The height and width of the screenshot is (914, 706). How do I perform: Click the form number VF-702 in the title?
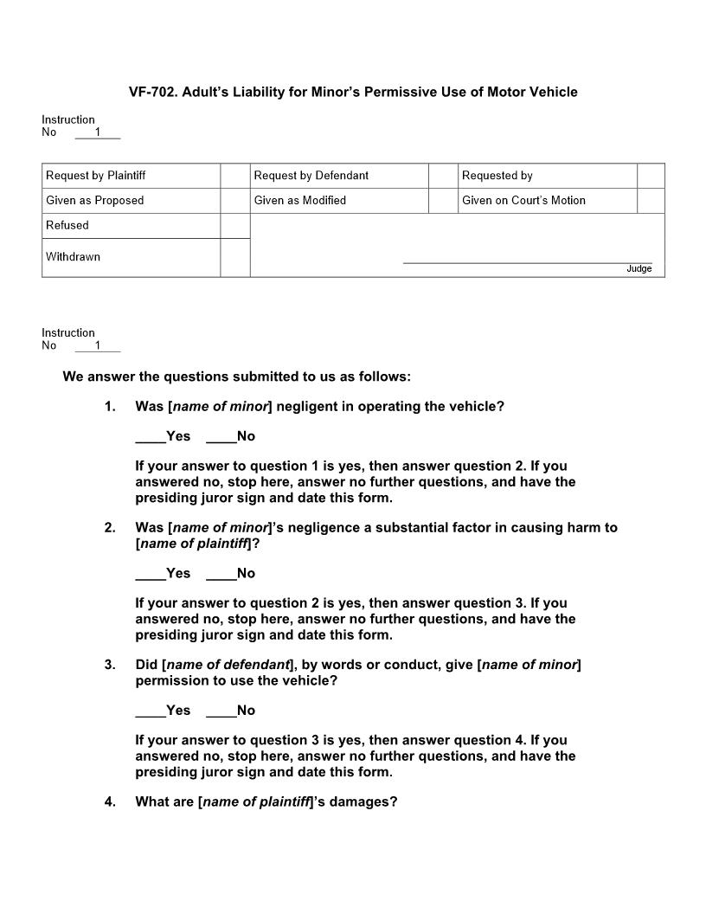(x=152, y=92)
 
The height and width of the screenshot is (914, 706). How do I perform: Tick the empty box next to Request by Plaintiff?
(x=234, y=176)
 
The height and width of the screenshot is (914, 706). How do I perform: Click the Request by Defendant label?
(x=311, y=176)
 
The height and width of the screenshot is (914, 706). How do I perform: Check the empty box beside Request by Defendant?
(x=443, y=176)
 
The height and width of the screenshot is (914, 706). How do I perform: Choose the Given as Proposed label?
(x=95, y=201)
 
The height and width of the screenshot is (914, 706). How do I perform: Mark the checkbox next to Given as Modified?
(x=443, y=201)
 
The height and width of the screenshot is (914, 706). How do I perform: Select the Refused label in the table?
(x=67, y=225)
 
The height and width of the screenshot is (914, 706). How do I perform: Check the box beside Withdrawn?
(x=234, y=257)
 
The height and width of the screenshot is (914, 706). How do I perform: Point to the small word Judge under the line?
(x=639, y=269)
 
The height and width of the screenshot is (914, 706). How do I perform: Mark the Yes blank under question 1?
(x=150, y=437)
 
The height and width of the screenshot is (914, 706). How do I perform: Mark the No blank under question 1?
(x=221, y=437)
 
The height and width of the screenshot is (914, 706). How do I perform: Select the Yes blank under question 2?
(x=150, y=574)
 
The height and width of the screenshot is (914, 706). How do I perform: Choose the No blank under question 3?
(x=221, y=711)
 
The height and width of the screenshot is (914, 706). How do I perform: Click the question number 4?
(x=110, y=801)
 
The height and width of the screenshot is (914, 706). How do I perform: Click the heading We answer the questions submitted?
(x=236, y=377)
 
